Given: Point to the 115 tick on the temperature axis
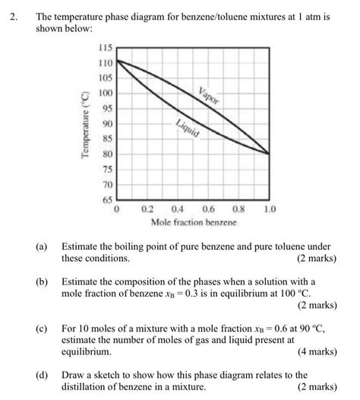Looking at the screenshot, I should click(106, 48).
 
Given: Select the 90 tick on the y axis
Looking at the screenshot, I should click(108, 124).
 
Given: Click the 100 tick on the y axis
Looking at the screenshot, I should click(106, 93).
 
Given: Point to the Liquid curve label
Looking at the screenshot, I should click(187, 128).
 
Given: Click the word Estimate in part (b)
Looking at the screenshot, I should click(83, 281).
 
